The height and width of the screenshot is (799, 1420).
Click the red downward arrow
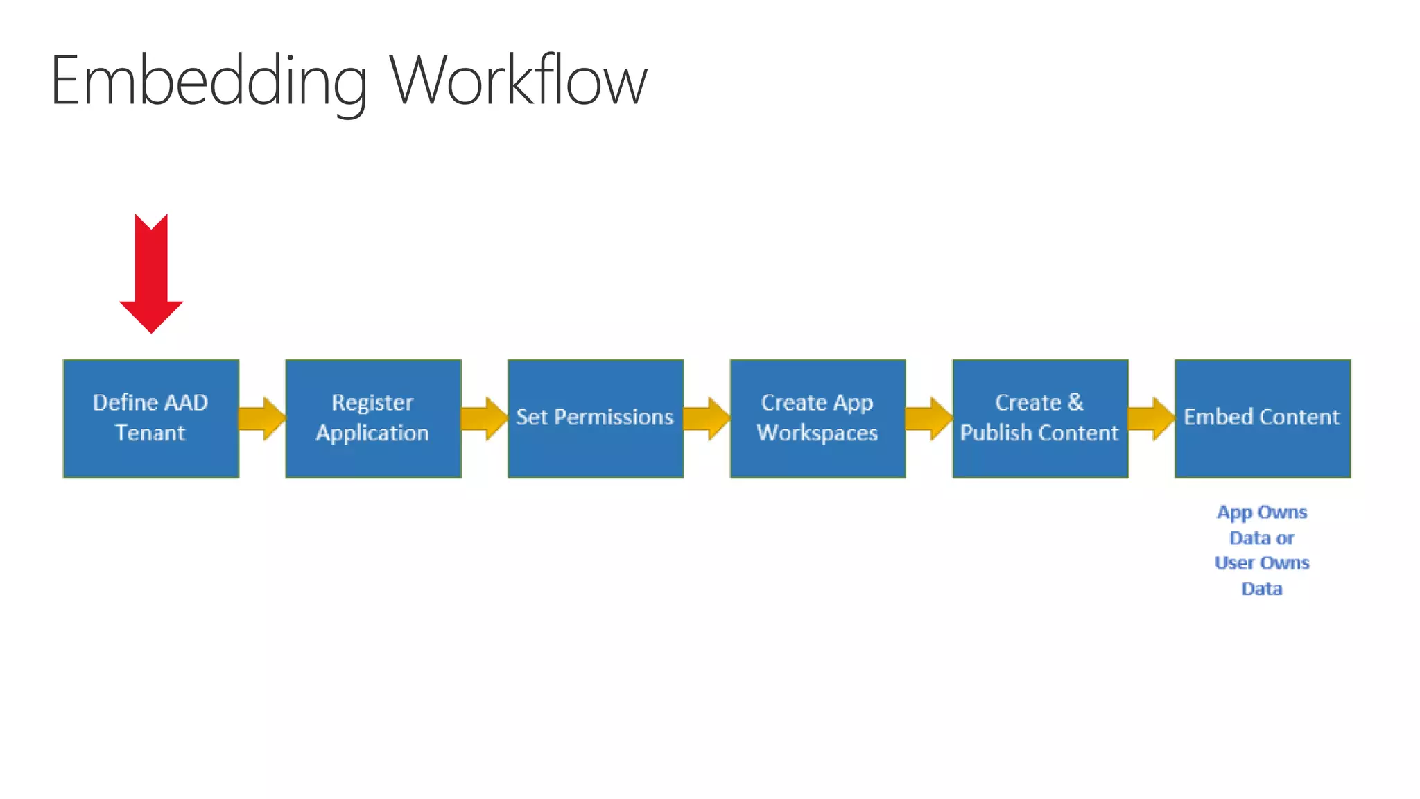click(x=151, y=274)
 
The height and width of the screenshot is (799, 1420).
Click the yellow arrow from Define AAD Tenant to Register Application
click(x=262, y=418)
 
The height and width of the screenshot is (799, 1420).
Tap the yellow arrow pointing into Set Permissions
click(x=484, y=418)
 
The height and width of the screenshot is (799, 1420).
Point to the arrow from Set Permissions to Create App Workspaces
click(x=707, y=418)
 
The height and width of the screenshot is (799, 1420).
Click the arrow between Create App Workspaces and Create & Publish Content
click(x=929, y=418)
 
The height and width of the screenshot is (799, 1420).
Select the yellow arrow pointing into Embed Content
click(x=1151, y=418)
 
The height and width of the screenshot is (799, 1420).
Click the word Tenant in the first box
click(x=150, y=433)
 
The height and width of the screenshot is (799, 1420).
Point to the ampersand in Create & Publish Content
click(x=1075, y=402)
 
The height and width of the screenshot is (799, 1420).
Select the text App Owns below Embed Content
click(x=1262, y=513)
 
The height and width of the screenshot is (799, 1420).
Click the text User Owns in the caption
click(x=1262, y=562)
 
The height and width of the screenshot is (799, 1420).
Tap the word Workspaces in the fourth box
click(x=817, y=433)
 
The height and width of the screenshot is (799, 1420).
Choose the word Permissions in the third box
click(x=614, y=417)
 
